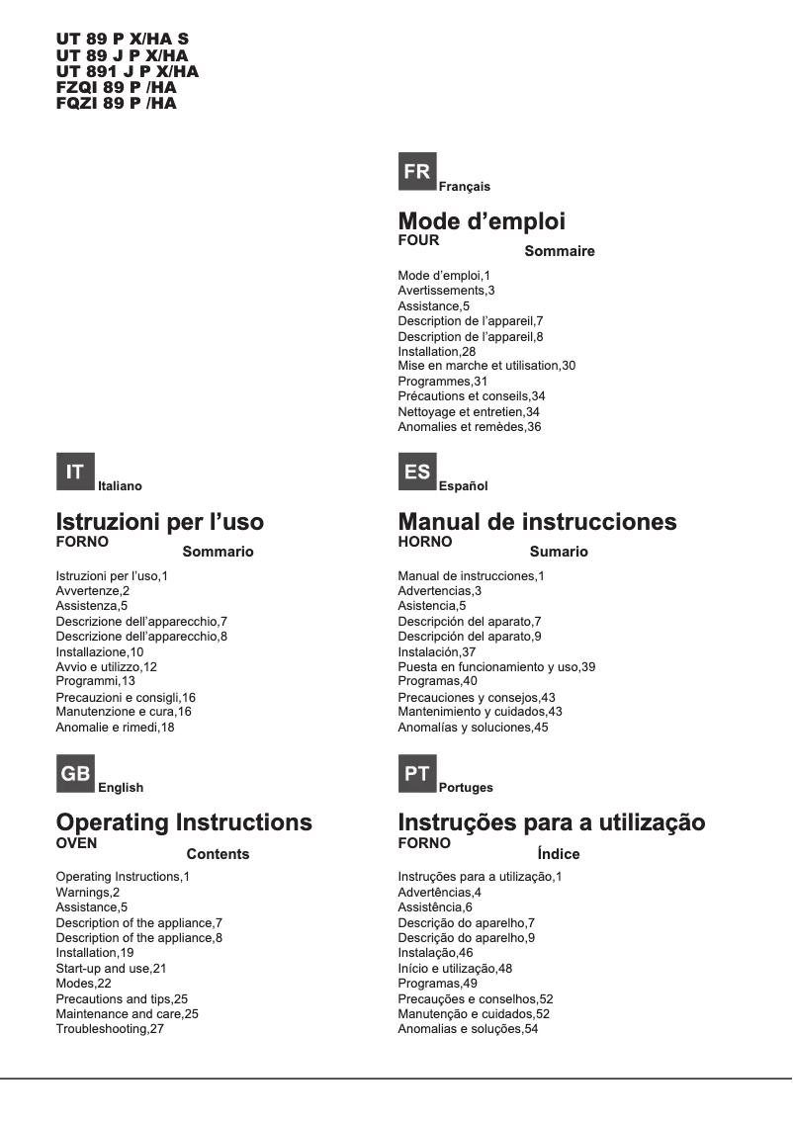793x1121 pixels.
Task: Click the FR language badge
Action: (417, 172)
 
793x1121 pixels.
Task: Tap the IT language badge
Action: (75, 472)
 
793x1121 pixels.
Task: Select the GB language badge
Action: (75, 774)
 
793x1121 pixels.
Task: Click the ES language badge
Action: (417, 472)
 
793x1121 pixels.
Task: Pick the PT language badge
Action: (417, 774)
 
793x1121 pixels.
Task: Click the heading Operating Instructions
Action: (184, 822)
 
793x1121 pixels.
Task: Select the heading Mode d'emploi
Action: (482, 220)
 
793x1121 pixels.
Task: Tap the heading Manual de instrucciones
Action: (537, 522)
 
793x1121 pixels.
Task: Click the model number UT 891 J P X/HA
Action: (128, 71)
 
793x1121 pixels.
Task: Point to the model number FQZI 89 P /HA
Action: (117, 103)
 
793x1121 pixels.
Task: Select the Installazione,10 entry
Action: (100, 652)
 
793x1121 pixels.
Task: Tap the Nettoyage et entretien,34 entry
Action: (469, 411)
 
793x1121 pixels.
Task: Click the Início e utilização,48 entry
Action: (455, 969)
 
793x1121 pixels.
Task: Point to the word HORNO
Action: (424, 542)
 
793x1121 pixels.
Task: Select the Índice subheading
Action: (559, 854)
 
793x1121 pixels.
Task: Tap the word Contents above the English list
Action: (218, 854)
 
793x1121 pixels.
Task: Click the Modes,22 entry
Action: (86, 984)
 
